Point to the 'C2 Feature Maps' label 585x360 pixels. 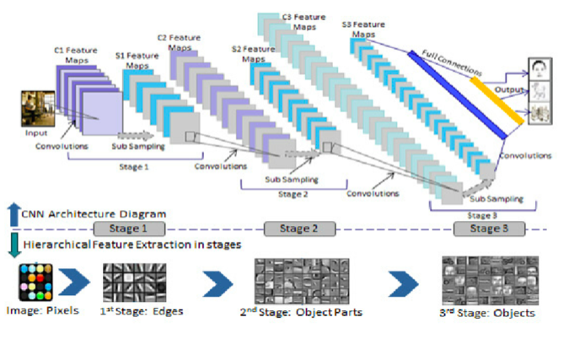[x=180, y=42]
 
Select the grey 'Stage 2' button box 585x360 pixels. [x=299, y=228]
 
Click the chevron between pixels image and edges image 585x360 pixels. [x=82, y=282]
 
